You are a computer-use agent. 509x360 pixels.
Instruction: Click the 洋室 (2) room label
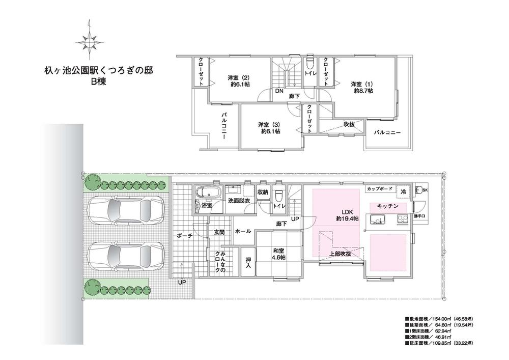239,81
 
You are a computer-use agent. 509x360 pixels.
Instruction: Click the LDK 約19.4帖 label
347,215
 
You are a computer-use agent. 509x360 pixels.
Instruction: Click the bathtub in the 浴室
208,193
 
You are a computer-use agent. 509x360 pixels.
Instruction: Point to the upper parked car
125,211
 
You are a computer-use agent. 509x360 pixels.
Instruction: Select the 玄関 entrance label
219,232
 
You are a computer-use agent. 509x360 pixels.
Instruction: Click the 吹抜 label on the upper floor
349,124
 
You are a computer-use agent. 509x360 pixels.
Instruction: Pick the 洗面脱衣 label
239,201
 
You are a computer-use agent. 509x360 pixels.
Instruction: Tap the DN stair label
279,92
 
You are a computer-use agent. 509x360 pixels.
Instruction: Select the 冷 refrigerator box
404,191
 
